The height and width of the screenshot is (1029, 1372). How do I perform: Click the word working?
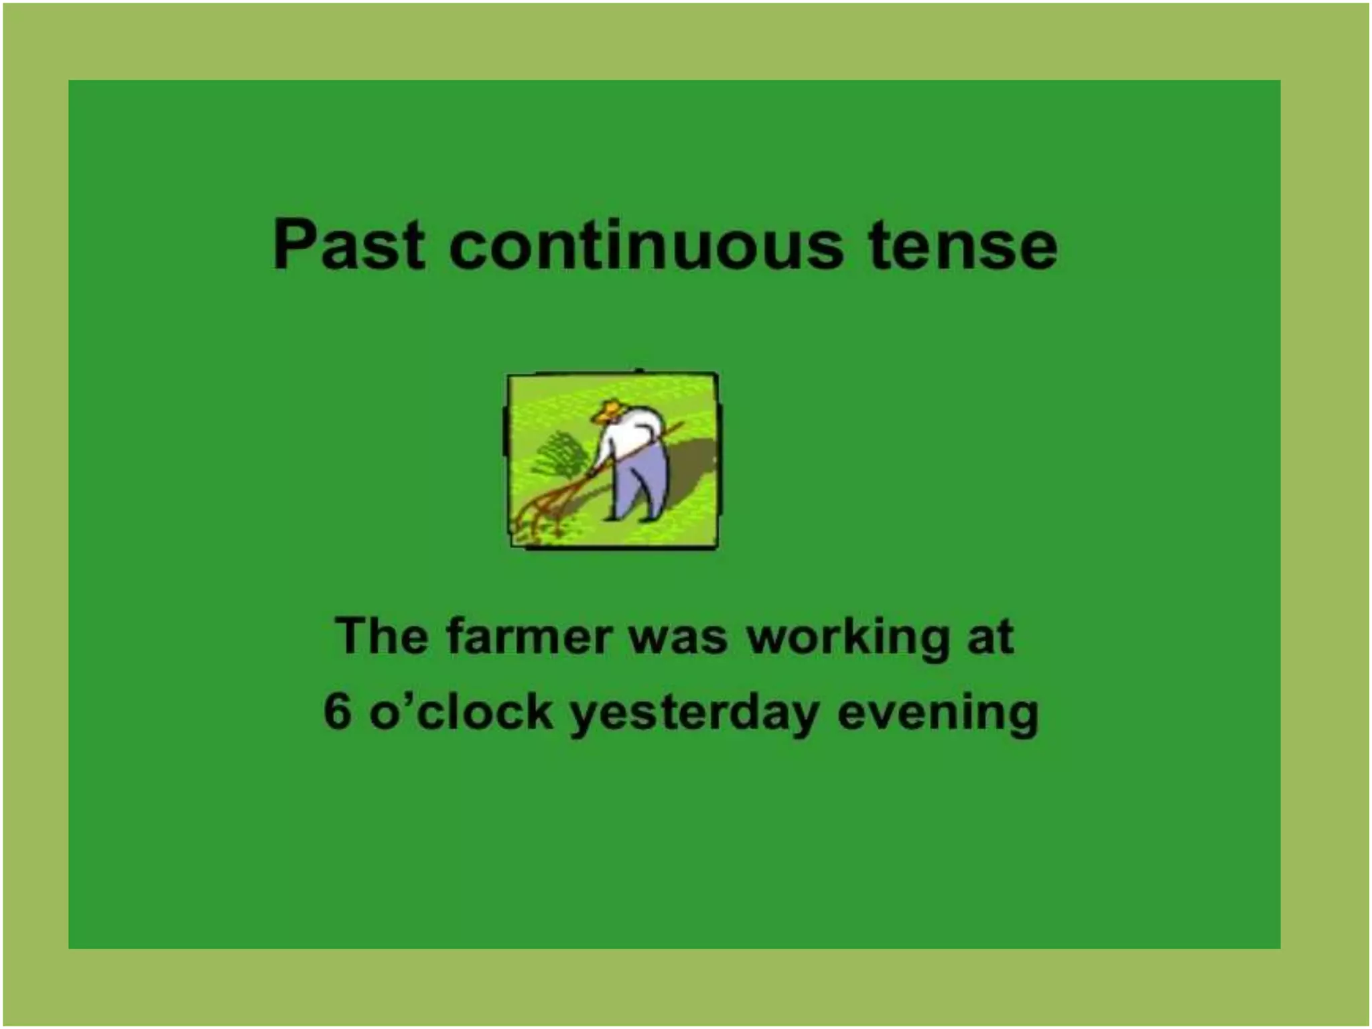[x=848, y=638]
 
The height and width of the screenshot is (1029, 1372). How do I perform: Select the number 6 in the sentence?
[x=337, y=711]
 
